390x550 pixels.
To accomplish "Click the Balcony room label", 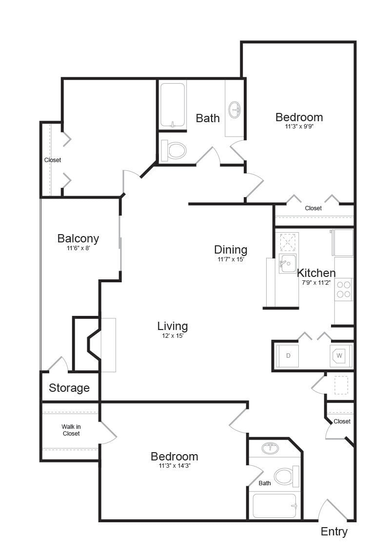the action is tap(78, 238).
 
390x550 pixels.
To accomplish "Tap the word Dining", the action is tap(231, 250).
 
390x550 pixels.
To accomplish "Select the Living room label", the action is tap(172, 326).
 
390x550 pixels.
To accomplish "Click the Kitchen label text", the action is tap(316, 273).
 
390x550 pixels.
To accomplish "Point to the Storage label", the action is tap(69, 388).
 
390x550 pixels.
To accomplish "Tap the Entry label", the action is tap(334, 532).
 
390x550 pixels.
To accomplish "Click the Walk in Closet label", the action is tap(71, 430).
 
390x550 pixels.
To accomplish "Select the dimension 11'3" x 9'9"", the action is tap(299, 126).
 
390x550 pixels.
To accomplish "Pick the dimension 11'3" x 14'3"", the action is tap(174, 466).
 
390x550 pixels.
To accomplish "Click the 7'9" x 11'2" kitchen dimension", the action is tap(316, 282).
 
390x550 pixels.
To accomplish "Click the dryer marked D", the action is tap(288, 356).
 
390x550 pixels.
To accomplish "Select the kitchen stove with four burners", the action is tap(344, 290).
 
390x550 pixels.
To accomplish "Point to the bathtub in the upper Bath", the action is tap(173, 105).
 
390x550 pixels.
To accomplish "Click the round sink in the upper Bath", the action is tap(234, 110).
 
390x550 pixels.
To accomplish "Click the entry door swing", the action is tap(332, 509).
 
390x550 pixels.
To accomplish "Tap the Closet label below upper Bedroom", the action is tap(313, 208).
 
